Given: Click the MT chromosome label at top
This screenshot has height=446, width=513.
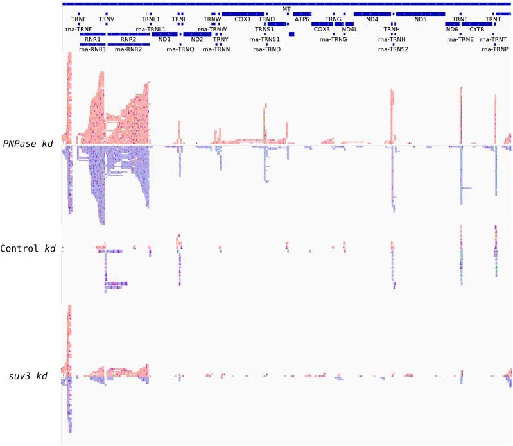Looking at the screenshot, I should (286, 9).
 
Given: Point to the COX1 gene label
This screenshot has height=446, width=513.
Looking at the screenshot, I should (243, 19).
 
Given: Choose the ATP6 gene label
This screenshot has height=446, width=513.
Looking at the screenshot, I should (302, 19).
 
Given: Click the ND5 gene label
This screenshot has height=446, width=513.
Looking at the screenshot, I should (420, 19).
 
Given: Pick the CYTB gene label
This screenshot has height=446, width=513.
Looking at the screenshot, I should (477, 29).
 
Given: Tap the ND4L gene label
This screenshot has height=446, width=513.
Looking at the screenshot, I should (349, 29).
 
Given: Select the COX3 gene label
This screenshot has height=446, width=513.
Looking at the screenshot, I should (321, 29).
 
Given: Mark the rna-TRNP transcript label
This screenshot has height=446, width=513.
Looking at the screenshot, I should (494, 49).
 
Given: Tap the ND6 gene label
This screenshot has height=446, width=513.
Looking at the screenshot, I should (452, 29).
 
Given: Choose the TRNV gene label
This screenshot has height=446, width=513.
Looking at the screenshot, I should (106, 19).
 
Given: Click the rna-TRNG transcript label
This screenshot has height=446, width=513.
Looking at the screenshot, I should (333, 39).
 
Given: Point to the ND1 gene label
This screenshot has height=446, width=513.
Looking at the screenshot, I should (164, 39).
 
